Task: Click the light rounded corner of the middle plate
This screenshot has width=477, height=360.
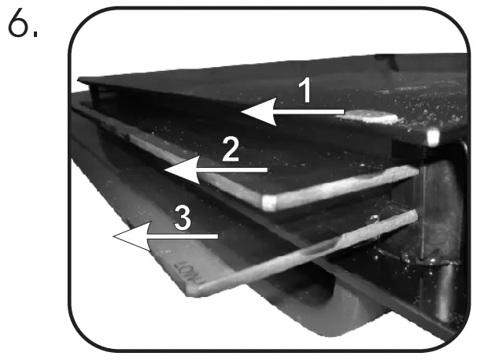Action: pyautogui.click(x=269, y=202)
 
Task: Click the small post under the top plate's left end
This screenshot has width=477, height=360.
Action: pyautogui.click(x=96, y=95)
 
